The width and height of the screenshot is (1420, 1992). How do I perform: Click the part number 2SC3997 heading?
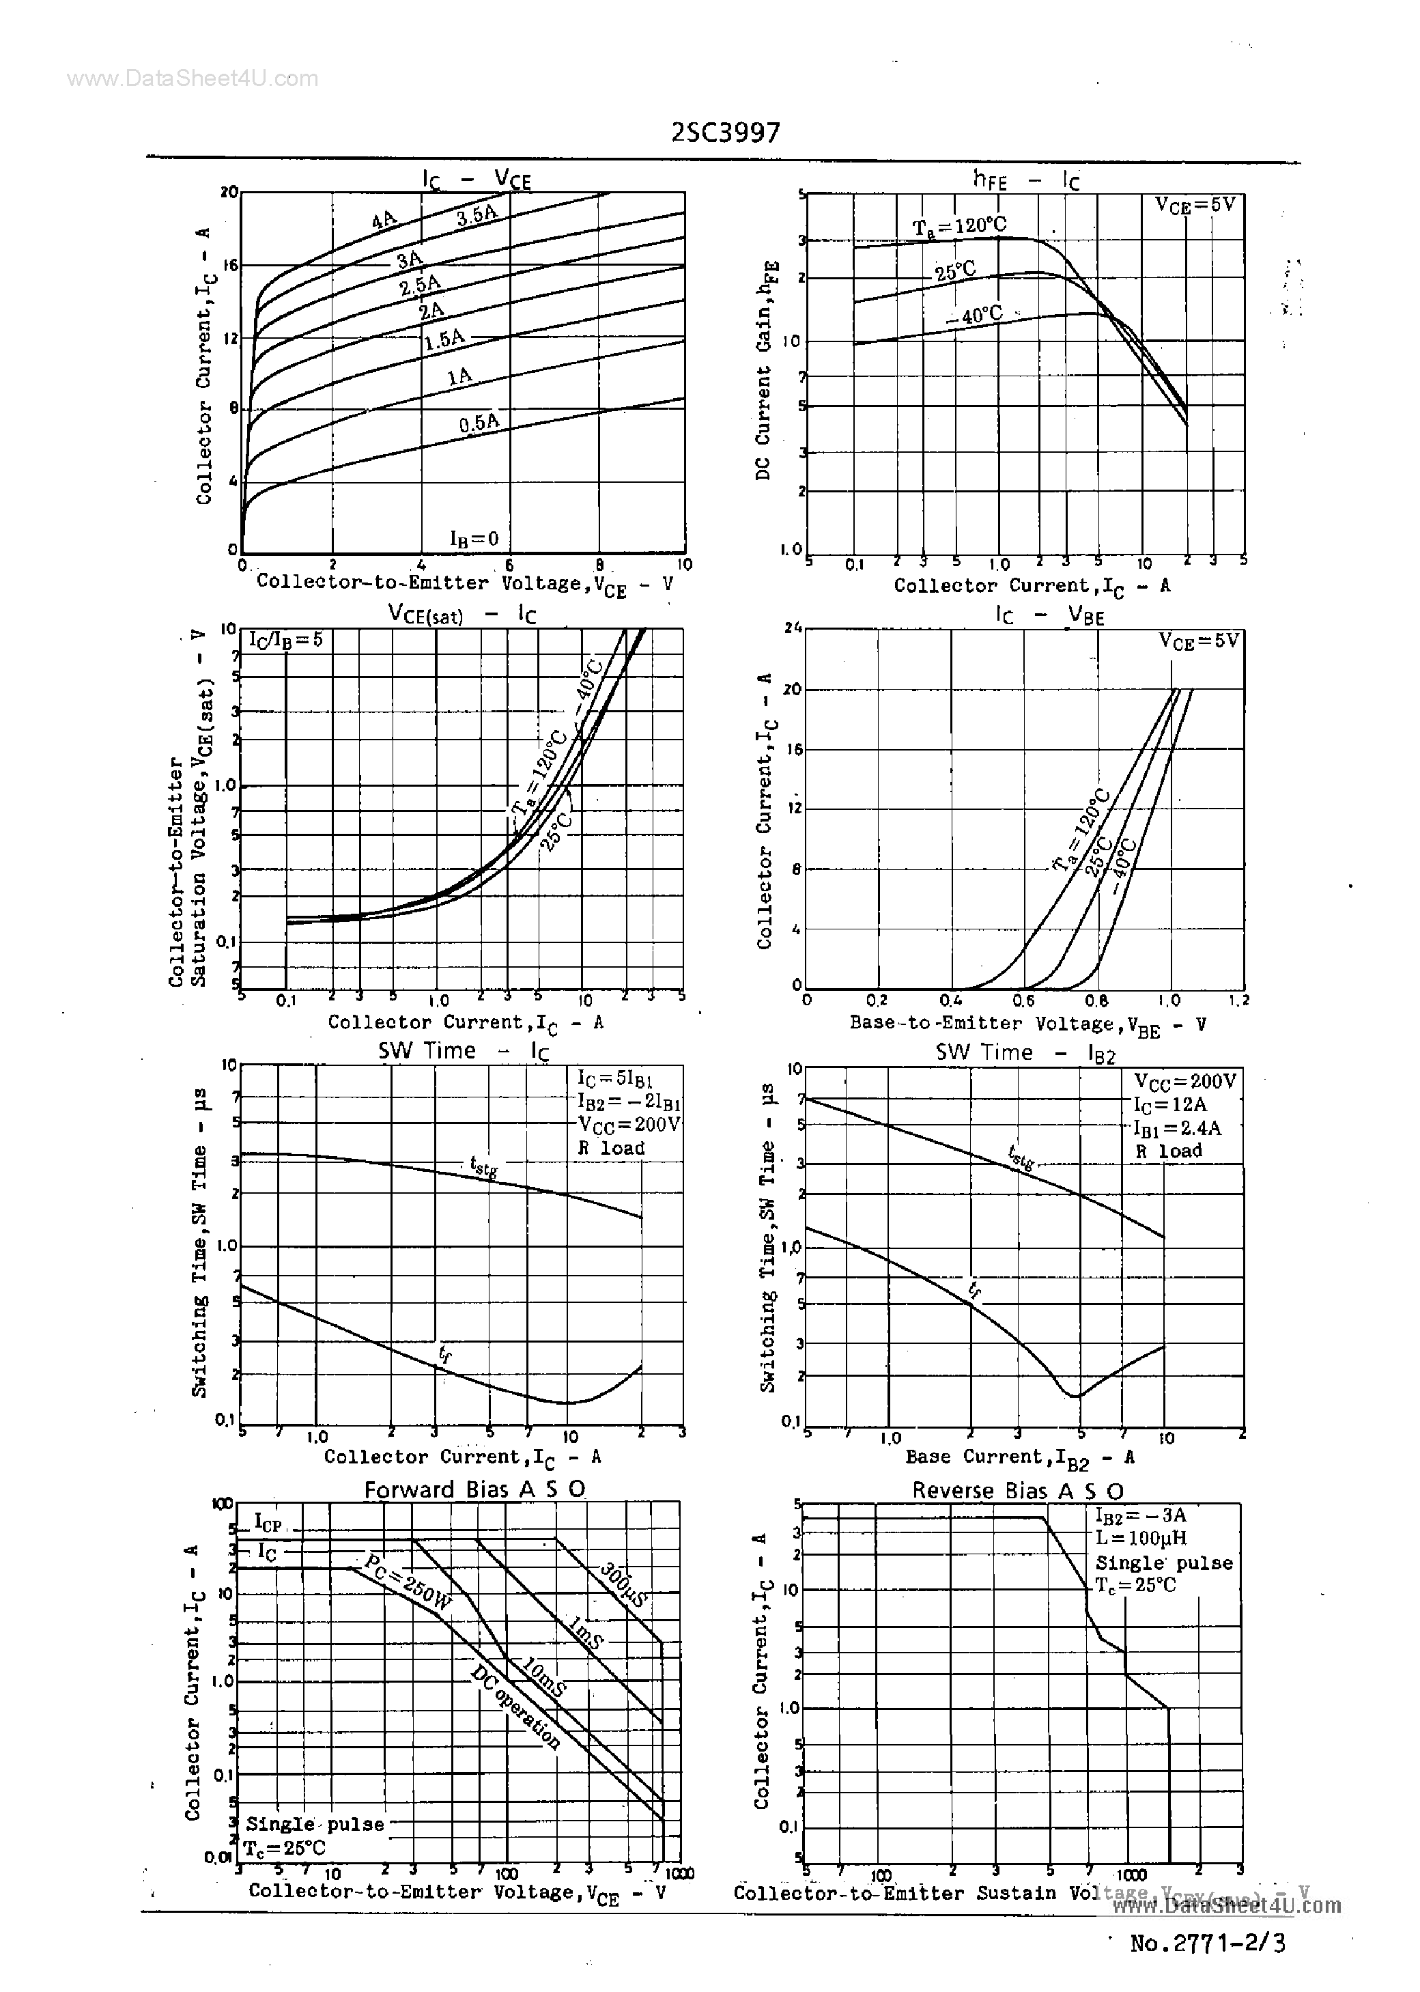726,132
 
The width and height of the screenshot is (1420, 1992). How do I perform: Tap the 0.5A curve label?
479,424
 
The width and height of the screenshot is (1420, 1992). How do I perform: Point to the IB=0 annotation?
474,539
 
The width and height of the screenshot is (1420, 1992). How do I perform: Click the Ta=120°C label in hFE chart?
959,227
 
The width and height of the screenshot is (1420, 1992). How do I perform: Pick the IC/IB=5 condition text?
285,639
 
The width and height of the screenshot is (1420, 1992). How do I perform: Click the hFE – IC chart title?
1027,180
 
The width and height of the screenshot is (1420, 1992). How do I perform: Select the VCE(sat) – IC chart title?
461,615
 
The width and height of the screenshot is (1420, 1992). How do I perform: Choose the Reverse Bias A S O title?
1018,1490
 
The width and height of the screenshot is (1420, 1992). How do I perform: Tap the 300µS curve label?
623,1584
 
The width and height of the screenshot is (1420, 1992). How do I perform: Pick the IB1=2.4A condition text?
1177,1128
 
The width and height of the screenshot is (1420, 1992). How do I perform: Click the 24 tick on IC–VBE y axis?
793,627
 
